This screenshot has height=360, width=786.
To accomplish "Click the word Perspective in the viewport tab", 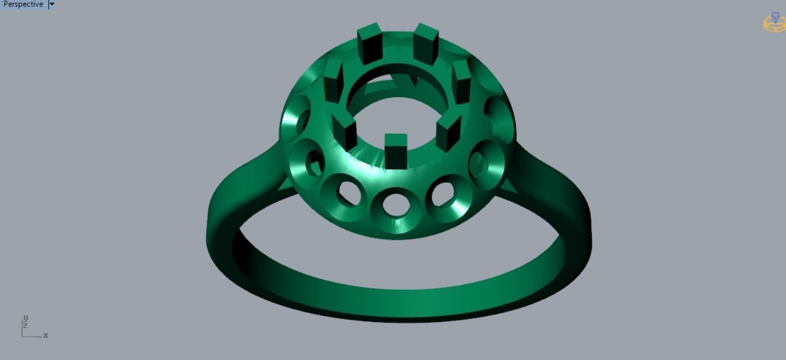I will click(x=23, y=4).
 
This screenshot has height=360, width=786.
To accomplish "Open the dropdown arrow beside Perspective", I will click(x=52, y=4).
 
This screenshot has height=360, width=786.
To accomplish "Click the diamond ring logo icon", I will click(x=775, y=22).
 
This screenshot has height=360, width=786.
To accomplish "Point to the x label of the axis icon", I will click(x=45, y=336).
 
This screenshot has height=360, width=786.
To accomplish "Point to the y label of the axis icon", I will click(x=25, y=319).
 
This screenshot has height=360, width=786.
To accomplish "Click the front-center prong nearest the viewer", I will click(x=396, y=149).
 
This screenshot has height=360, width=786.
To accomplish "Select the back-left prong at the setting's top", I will click(x=370, y=43).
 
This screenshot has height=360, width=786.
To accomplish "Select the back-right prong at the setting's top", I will click(x=425, y=42).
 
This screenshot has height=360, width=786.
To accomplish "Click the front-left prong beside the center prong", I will click(x=347, y=132).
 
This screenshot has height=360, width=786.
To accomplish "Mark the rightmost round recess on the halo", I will click(x=494, y=117).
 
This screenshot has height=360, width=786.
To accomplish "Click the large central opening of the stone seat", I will click(x=396, y=114).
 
